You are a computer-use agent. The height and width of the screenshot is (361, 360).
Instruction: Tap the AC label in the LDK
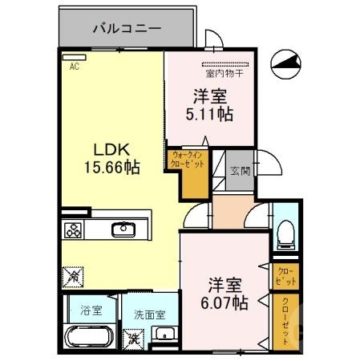(x=74, y=67)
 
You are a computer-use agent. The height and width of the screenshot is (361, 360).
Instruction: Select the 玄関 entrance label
(x=239, y=170)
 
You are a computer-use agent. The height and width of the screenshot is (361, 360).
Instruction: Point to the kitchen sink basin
(x=124, y=230)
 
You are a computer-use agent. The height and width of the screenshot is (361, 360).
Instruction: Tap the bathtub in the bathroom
(x=90, y=335)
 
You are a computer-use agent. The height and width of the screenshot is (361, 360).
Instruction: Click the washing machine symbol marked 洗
(x=133, y=338)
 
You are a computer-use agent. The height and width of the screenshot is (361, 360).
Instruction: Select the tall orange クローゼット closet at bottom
(x=284, y=321)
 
